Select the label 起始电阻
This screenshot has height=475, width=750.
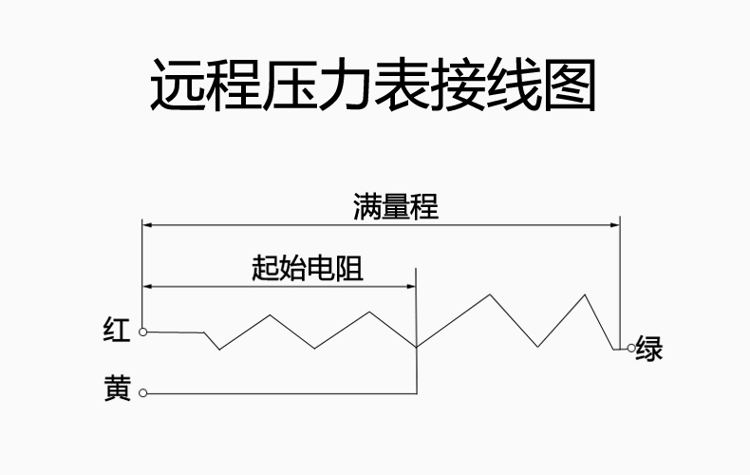click(x=308, y=269)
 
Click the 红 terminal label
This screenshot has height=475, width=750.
click(x=117, y=331)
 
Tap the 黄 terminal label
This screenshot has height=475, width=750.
click(x=117, y=390)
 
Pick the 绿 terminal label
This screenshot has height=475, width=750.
click(x=649, y=349)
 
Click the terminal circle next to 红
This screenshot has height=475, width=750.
click(x=142, y=332)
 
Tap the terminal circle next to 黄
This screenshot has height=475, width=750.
click(x=142, y=392)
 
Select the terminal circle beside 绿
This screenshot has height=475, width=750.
click(x=630, y=349)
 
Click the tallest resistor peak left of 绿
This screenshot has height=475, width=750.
click(x=586, y=294)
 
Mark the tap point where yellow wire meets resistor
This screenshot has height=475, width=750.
click(x=417, y=347)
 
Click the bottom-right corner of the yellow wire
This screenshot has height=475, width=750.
click(x=417, y=392)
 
